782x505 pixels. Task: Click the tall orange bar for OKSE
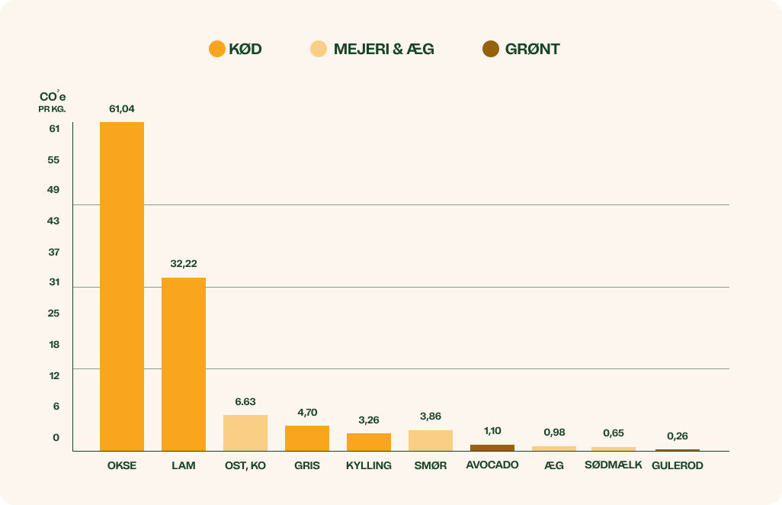point(122,286)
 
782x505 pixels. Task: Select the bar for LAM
point(184,364)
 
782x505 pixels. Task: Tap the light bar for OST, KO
point(245,433)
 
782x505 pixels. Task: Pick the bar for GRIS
point(307,438)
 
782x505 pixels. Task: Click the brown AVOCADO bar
point(492,448)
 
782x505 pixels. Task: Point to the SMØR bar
point(431,440)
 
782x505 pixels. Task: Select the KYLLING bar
point(369,442)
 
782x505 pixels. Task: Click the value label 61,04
point(122,109)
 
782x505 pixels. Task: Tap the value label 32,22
point(184,264)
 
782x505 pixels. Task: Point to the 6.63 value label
point(245,401)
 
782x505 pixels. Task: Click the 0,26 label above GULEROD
point(678,436)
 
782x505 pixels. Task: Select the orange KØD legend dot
point(217,50)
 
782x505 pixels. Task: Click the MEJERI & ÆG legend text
point(383,50)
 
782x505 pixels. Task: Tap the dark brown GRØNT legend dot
point(491,50)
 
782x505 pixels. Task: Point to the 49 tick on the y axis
point(53,190)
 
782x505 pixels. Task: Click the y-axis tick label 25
point(54,314)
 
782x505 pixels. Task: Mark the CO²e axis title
point(53,98)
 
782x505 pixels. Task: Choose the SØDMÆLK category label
point(614,465)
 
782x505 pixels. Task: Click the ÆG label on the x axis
point(554,465)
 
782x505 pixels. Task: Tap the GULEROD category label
point(678,465)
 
